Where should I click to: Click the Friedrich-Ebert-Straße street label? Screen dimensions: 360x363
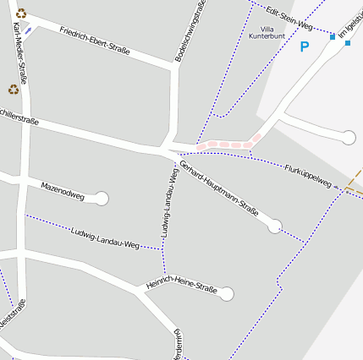(95, 41)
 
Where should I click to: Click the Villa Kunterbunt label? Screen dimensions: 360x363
(267, 33)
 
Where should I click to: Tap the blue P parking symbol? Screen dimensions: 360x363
(305, 47)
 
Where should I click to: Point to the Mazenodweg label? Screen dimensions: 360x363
(63, 189)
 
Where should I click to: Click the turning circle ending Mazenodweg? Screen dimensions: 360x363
(102, 199)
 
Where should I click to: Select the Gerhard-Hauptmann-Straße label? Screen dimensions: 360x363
(218, 187)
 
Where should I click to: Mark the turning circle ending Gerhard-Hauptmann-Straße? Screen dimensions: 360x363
(274, 226)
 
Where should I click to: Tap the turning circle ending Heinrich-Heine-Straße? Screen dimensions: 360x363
(226, 294)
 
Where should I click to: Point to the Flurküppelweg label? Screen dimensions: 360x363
(306, 175)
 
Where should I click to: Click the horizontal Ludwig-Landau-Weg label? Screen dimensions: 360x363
(105, 238)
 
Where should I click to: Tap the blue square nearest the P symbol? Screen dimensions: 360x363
(332, 37)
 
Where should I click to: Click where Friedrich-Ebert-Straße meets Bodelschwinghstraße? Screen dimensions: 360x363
(175, 67)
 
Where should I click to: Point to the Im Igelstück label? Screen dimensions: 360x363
(350, 25)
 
